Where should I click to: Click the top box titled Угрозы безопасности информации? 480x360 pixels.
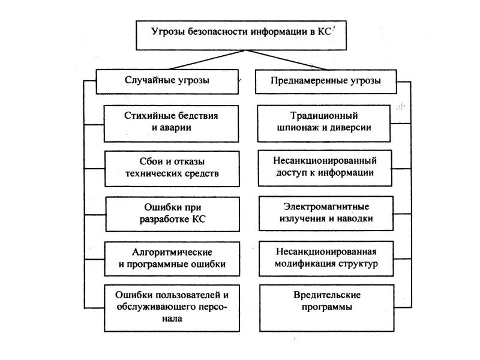[241, 35]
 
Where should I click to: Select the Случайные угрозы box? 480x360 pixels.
[167, 82]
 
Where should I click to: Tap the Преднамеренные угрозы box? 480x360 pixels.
[326, 82]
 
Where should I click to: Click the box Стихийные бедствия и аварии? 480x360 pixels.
[171, 124]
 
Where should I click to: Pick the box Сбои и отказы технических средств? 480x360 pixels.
[172, 169]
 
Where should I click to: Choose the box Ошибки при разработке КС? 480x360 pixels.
[173, 214]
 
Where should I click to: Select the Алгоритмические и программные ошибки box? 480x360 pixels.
[172, 259]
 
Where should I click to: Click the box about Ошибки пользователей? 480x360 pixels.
[172, 308]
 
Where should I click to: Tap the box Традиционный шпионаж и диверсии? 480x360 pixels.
[324, 124]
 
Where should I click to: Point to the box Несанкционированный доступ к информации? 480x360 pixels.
[325, 168]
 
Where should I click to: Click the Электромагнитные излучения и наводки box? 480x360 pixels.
[326, 214]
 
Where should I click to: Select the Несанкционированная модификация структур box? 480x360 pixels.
[326, 259]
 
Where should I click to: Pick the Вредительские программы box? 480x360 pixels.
[326, 308]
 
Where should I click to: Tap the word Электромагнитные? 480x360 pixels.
[326, 206]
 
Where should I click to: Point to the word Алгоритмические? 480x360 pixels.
[172, 252]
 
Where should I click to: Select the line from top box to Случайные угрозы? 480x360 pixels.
[206, 59]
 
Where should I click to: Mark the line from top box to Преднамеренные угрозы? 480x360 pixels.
[286, 59]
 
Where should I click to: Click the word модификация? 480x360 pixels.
[306, 264]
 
